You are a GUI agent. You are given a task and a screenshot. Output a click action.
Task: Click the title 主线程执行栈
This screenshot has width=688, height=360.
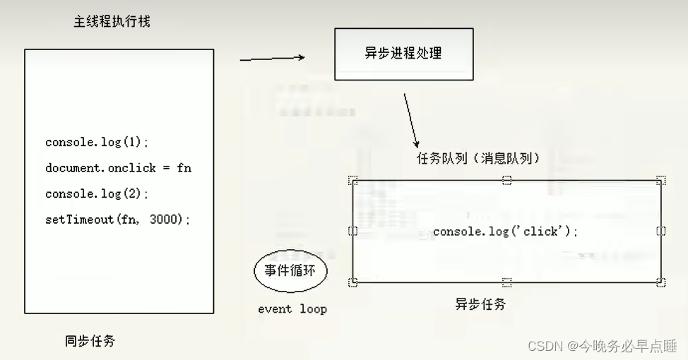[x=112, y=21]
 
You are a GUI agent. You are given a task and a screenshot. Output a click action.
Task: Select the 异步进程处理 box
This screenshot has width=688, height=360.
[x=403, y=53]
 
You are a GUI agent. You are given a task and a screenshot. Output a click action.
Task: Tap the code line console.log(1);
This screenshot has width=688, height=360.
[x=97, y=142]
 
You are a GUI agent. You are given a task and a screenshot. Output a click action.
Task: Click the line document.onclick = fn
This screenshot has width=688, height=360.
[x=118, y=168]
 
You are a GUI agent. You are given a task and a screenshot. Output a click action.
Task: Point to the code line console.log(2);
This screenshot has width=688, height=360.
[x=97, y=193]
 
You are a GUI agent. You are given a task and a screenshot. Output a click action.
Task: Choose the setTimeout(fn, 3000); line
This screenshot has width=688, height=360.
[x=117, y=220]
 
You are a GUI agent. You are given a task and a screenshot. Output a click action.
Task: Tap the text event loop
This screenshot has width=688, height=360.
[x=292, y=309]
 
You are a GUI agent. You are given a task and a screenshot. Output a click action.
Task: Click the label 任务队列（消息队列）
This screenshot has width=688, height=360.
[x=478, y=158]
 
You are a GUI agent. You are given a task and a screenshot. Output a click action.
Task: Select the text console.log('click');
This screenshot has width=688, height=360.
[x=505, y=231]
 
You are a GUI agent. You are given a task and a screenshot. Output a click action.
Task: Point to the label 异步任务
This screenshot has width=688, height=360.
[x=480, y=304]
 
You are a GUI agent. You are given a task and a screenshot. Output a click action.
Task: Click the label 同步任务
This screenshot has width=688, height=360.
[x=90, y=341]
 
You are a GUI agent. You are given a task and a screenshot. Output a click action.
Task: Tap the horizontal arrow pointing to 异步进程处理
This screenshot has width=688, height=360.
[x=272, y=59]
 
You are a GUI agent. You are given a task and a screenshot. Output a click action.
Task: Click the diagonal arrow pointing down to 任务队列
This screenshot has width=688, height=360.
[x=410, y=119]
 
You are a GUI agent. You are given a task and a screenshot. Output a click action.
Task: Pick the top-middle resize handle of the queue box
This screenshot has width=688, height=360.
[x=506, y=181]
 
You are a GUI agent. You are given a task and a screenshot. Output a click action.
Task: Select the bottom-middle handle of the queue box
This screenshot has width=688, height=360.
[x=506, y=282]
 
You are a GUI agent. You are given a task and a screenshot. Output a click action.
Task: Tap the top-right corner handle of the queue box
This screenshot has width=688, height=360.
[x=660, y=181]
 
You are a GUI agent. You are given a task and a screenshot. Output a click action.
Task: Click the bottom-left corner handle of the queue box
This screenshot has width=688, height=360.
[x=353, y=282]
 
